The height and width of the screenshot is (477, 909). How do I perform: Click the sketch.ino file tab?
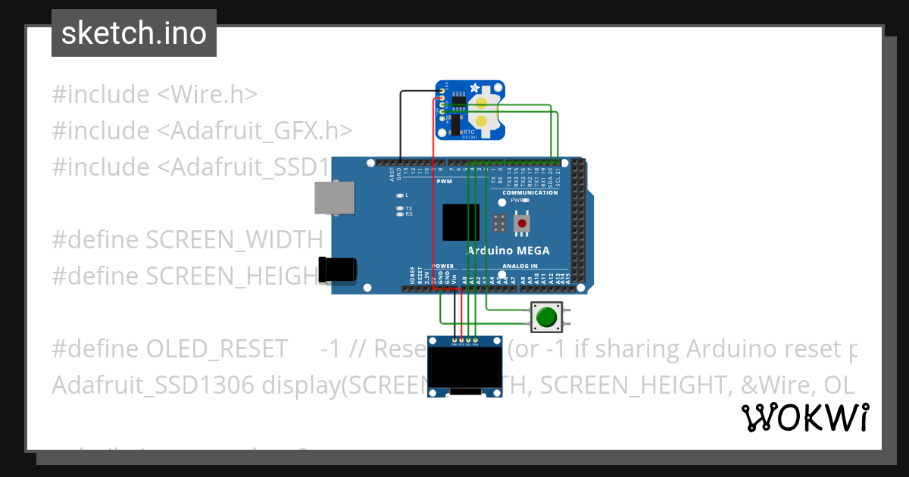pos(133,33)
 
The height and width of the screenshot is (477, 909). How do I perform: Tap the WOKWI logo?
pos(804,417)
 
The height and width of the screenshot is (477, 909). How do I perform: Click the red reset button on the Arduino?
pos(521,223)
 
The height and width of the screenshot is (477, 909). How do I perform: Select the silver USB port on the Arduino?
pos(334,199)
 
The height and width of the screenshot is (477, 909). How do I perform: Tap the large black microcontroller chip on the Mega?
pos(461,222)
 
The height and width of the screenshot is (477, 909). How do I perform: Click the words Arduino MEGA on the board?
pos(508,251)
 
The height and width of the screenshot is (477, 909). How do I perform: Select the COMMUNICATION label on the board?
pos(529,192)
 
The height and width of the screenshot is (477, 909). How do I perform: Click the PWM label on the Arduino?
pos(444,182)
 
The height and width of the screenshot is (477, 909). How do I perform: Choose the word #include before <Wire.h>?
pos(101,95)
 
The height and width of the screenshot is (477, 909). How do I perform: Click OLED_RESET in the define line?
pos(217,349)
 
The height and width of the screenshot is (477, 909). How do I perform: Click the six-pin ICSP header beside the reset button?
pos(499,223)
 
